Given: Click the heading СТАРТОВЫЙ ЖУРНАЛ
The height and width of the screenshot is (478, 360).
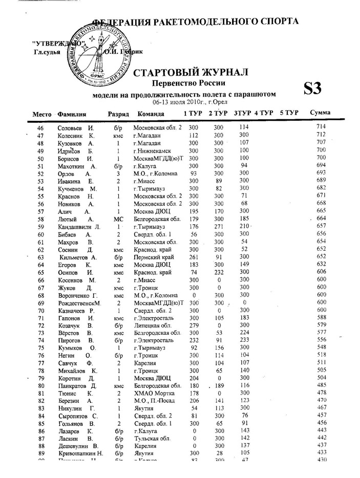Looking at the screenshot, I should point(190,72).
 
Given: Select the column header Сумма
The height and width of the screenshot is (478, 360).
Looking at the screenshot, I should point(320,113).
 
